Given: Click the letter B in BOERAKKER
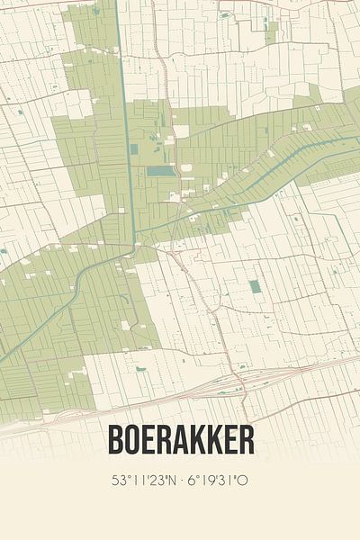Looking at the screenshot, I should (116, 440).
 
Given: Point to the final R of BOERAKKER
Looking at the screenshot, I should (245, 440).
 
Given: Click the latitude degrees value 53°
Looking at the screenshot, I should (121, 481).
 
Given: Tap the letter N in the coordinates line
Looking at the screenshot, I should (174, 481).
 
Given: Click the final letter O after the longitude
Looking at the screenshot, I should (242, 481).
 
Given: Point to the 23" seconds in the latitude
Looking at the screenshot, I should (157, 481).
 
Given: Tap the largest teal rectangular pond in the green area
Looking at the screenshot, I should (161, 170).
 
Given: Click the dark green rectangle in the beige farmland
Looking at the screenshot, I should (255, 286).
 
